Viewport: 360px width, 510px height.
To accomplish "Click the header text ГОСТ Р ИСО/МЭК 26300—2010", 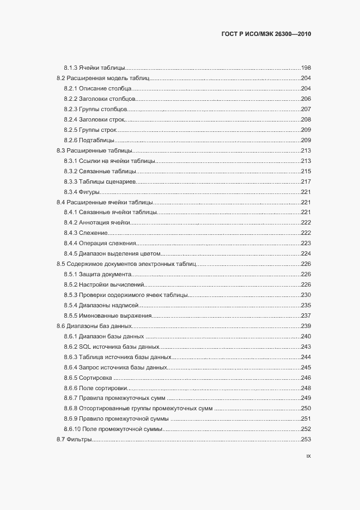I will tap(266, 33).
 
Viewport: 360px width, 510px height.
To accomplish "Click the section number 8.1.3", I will tap(70, 68).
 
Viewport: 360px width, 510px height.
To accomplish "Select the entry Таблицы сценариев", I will tap(107, 181).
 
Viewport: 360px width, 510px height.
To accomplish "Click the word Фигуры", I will tap(89, 192).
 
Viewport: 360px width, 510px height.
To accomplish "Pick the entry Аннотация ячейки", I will tap(104, 222).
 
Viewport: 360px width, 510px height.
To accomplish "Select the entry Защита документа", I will tap(105, 274).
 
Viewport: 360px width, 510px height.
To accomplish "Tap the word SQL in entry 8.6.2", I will tap(84, 347).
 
